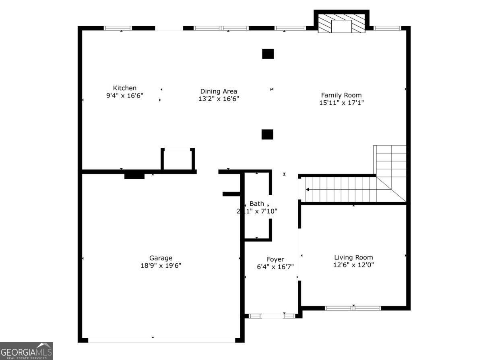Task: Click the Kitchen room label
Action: [124, 88]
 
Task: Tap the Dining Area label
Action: [219, 91]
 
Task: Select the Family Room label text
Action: [341, 95]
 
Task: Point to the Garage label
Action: [161, 258]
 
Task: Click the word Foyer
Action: [275, 259]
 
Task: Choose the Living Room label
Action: [353, 257]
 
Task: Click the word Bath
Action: [257, 204]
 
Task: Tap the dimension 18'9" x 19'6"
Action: [161, 266]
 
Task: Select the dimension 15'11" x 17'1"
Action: [341, 103]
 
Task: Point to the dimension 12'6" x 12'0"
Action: [353, 265]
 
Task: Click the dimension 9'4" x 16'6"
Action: [124, 96]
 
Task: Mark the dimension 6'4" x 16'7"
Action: [275, 267]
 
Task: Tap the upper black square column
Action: [268, 54]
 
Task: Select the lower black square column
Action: [267, 134]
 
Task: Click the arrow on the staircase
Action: [308, 189]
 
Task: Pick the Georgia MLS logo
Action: [27, 351]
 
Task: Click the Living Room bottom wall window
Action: [353, 308]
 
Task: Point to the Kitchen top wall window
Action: [118, 28]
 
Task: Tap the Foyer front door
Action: [272, 316]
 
